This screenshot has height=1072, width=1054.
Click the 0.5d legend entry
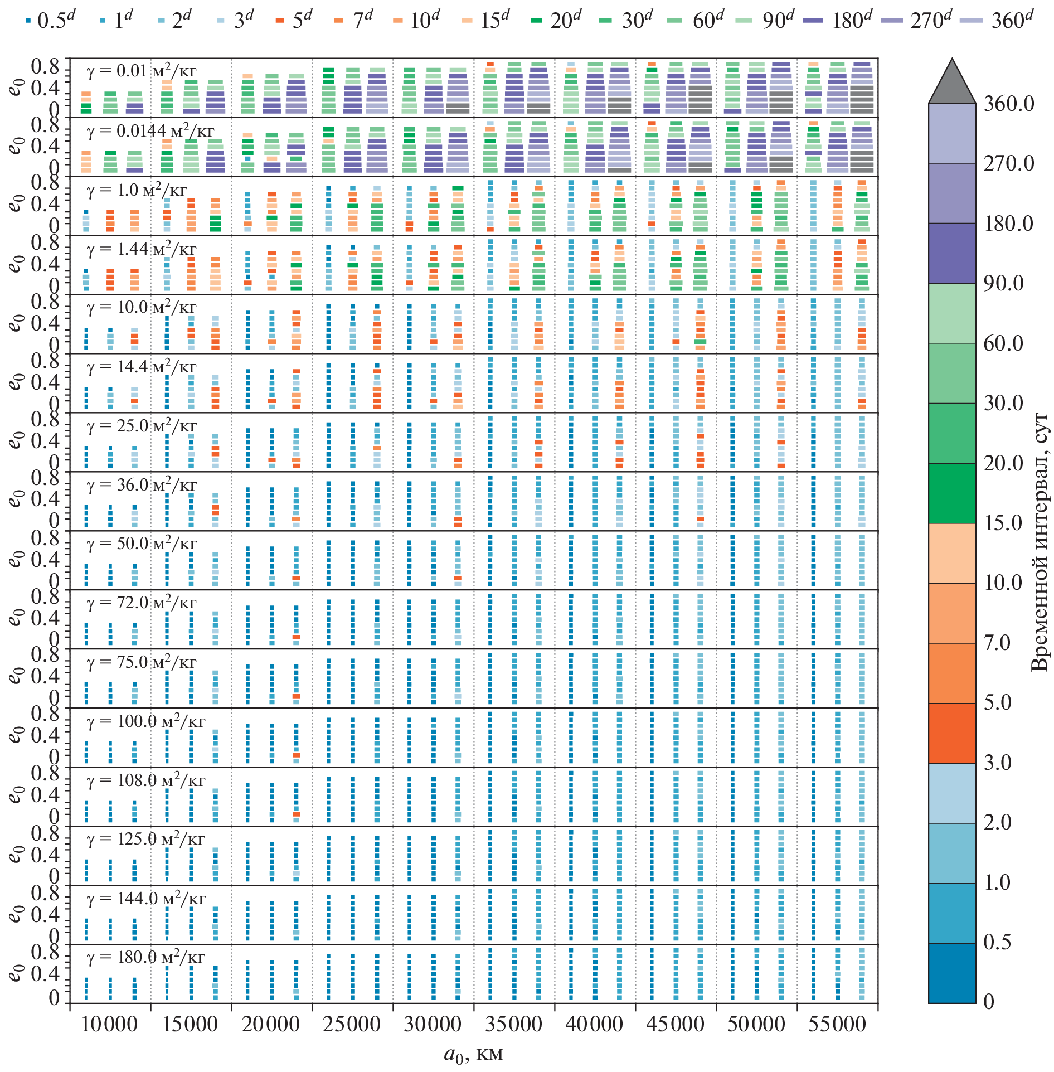[x=50, y=21]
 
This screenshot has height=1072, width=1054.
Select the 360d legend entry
[x=998, y=21]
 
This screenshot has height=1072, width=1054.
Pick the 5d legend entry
[x=294, y=21]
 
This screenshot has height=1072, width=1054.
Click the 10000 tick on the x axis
[x=109, y=1025]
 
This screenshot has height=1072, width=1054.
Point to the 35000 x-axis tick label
[x=513, y=1025]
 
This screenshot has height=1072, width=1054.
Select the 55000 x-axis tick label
[x=837, y=1025]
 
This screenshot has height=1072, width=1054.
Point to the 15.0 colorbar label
[x=1003, y=523]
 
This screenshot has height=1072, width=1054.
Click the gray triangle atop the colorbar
[x=952, y=84]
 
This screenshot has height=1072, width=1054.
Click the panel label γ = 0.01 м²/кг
[x=141, y=71]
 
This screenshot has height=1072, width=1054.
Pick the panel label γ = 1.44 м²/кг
[x=141, y=249]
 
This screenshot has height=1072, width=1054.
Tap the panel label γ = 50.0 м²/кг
[x=141, y=544]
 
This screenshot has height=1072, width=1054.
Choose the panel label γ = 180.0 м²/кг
[x=145, y=957]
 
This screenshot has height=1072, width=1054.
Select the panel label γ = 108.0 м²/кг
[x=145, y=780]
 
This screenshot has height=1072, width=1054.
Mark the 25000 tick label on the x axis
[x=352, y=1025]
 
